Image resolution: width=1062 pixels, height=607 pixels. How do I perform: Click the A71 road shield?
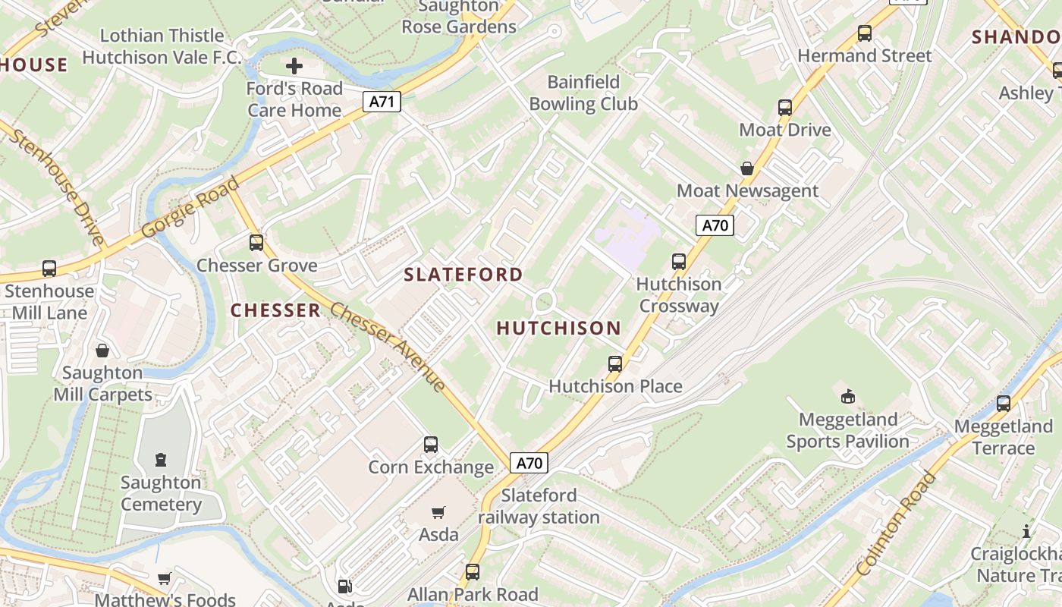pos(381,101)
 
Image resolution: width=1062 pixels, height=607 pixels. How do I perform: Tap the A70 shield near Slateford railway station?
pos(529,463)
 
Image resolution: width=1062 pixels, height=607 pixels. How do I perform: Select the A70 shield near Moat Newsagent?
pos(715,225)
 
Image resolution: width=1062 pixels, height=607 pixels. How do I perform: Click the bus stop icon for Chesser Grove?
pos(256,243)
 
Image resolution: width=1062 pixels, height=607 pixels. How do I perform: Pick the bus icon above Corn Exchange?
pos(431,445)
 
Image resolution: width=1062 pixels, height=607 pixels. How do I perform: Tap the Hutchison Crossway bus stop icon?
pos(679,262)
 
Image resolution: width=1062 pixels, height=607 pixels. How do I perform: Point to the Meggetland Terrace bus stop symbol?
pos(1004,404)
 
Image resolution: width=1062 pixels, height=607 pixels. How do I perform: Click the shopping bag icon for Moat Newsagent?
pos(747,168)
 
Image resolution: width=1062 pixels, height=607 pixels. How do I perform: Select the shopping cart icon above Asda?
pos(438,513)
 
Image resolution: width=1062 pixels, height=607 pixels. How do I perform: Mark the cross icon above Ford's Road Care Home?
pos(294,66)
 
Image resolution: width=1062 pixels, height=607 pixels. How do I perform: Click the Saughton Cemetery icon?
pos(161,460)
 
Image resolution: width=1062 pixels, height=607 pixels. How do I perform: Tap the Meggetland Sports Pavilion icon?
pos(848,396)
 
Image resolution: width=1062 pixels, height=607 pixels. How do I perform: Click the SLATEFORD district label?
pos(463,275)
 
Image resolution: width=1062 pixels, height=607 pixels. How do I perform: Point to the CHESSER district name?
pos(275,310)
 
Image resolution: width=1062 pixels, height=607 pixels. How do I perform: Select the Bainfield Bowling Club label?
pos(583,93)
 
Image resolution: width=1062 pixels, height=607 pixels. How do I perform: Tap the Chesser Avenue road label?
pos(388,348)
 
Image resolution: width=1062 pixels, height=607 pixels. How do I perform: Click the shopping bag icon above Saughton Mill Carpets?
pos(102,351)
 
